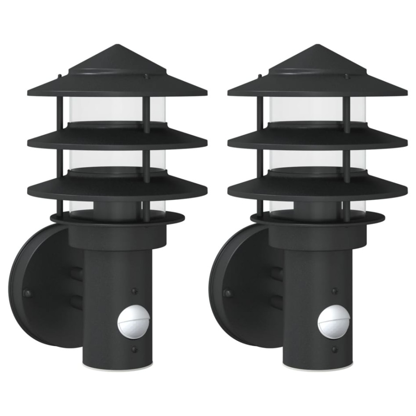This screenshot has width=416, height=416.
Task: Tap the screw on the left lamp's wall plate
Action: (x=27, y=293)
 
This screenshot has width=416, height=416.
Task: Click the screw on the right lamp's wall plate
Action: (x=228, y=293)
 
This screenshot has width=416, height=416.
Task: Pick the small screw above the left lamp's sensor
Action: (x=134, y=290)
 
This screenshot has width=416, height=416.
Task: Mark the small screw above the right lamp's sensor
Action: (x=335, y=290)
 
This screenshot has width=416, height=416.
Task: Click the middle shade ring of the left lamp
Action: (x=117, y=140)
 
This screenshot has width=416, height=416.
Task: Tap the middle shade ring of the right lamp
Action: (x=317, y=140)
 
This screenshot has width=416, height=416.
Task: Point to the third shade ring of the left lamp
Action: (x=117, y=189)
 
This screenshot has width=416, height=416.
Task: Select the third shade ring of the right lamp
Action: (x=317, y=189)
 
